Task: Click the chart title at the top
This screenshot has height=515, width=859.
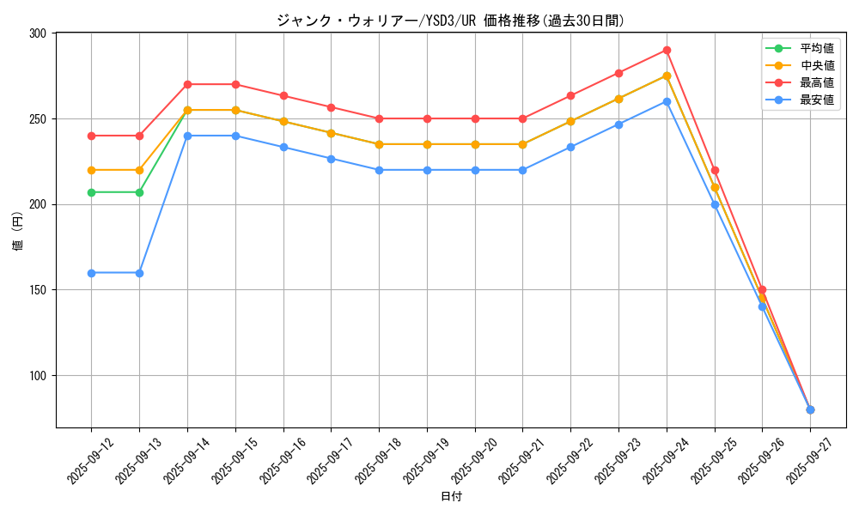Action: pos(450,21)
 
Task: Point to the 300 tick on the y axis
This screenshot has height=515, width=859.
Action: pos(40,33)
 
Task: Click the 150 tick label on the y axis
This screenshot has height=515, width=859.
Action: pos(40,290)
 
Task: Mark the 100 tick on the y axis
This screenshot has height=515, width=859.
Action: pos(40,376)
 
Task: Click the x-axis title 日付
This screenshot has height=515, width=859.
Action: pos(451,497)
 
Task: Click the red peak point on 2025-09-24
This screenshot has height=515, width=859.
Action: pos(667,50)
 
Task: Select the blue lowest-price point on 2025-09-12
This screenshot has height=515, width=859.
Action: pos(91,273)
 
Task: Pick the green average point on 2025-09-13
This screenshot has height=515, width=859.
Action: pos(139,192)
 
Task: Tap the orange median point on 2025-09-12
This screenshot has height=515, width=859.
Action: pos(91,170)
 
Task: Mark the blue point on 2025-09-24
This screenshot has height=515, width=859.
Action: pos(667,101)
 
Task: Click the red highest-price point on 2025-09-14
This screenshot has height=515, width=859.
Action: pos(187,84)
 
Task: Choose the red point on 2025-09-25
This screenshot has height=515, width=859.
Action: pos(715,170)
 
